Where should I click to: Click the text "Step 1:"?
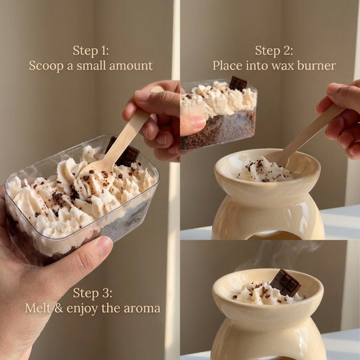tap(91, 51)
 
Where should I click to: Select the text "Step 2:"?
tap(274, 51)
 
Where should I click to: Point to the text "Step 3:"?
tap(93, 293)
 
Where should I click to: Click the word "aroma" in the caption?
tap(142, 308)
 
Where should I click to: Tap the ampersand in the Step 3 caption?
tap(59, 308)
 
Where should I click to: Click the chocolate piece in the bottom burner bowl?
tap(285, 282)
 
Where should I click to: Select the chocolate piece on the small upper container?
tap(238, 83)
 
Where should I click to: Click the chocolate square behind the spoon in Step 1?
tap(125, 153)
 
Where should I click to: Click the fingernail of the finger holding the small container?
tap(197, 121)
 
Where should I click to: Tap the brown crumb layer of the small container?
tap(218, 130)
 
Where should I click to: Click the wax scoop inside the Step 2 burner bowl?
tap(264, 170)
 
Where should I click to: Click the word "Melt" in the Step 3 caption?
tap(38, 308)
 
